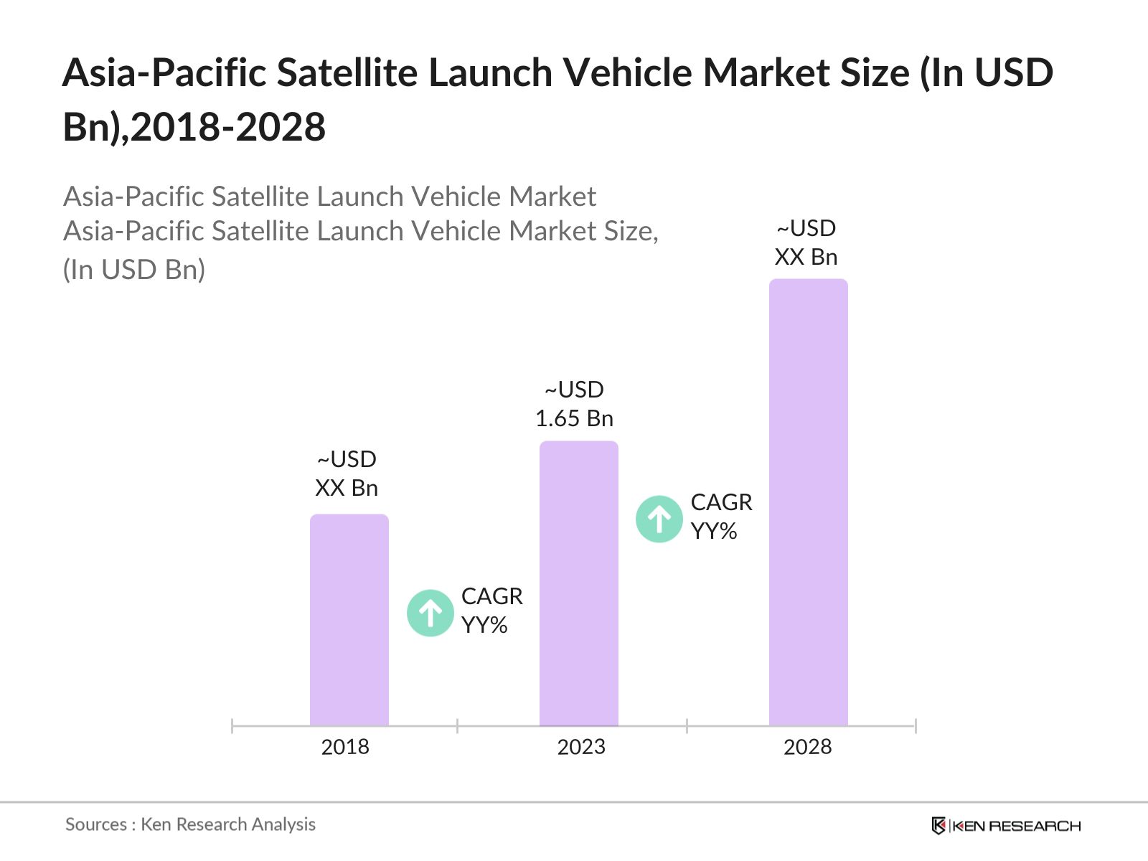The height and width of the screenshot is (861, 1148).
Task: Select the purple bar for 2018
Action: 349,621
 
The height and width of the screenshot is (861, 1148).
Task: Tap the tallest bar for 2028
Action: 808,502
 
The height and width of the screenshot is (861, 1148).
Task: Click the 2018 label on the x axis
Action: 345,747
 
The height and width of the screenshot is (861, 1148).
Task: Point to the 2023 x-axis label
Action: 581,747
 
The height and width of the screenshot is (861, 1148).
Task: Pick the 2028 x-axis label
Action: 807,747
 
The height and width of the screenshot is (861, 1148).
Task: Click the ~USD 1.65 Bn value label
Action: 574,404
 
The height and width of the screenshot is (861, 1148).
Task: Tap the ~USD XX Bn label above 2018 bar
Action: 347,474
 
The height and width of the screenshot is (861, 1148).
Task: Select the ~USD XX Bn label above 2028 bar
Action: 806,243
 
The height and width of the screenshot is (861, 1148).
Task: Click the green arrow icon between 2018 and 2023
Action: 430,613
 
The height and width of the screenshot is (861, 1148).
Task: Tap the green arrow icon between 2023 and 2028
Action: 659,519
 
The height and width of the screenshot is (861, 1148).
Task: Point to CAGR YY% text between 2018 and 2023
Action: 491,611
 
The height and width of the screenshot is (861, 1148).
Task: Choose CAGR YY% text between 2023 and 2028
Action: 721,517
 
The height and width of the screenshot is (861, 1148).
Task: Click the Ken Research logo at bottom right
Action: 1006,826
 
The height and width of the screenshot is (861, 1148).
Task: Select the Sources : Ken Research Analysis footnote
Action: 190,824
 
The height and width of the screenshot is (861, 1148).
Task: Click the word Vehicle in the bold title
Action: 613,72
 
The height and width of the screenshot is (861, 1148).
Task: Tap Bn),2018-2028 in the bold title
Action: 194,127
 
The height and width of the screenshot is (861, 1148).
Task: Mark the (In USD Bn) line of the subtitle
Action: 134,270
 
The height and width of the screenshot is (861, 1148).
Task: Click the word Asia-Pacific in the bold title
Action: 164,72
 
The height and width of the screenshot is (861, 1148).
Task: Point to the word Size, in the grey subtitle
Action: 627,231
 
